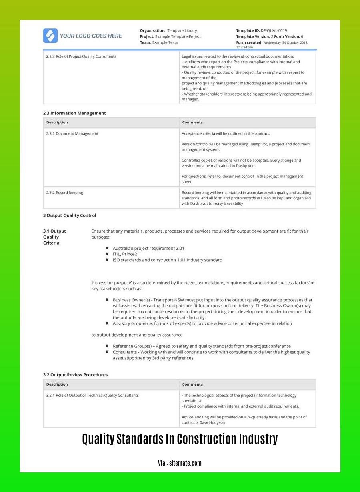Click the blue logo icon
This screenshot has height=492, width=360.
click(x=50, y=36)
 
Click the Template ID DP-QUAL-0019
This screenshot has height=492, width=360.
click(x=274, y=30)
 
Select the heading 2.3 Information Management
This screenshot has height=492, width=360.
click(x=74, y=113)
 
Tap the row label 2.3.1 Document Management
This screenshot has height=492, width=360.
click(x=72, y=133)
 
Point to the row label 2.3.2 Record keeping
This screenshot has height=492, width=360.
click(x=64, y=193)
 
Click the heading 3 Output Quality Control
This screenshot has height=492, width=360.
click(x=70, y=215)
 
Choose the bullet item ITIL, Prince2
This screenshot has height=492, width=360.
click(x=125, y=254)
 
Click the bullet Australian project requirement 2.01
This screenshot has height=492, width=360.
click(x=148, y=248)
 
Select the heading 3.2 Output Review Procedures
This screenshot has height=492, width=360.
click(x=75, y=375)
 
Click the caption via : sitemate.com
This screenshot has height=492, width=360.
click(x=180, y=463)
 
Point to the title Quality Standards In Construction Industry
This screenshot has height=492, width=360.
click(x=180, y=439)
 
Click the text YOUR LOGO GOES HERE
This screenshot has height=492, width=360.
click(x=91, y=36)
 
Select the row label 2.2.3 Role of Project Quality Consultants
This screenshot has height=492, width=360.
click(x=81, y=56)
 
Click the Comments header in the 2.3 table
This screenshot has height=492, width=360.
click(x=192, y=122)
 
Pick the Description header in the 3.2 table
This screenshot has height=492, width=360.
click(x=57, y=384)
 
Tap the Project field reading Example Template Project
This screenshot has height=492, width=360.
click(x=178, y=36)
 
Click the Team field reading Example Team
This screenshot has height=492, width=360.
click(x=165, y=42)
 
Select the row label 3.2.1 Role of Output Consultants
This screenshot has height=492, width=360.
click(x=92, y=395)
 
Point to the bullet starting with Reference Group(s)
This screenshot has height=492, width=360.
click(x=202, y=346)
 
